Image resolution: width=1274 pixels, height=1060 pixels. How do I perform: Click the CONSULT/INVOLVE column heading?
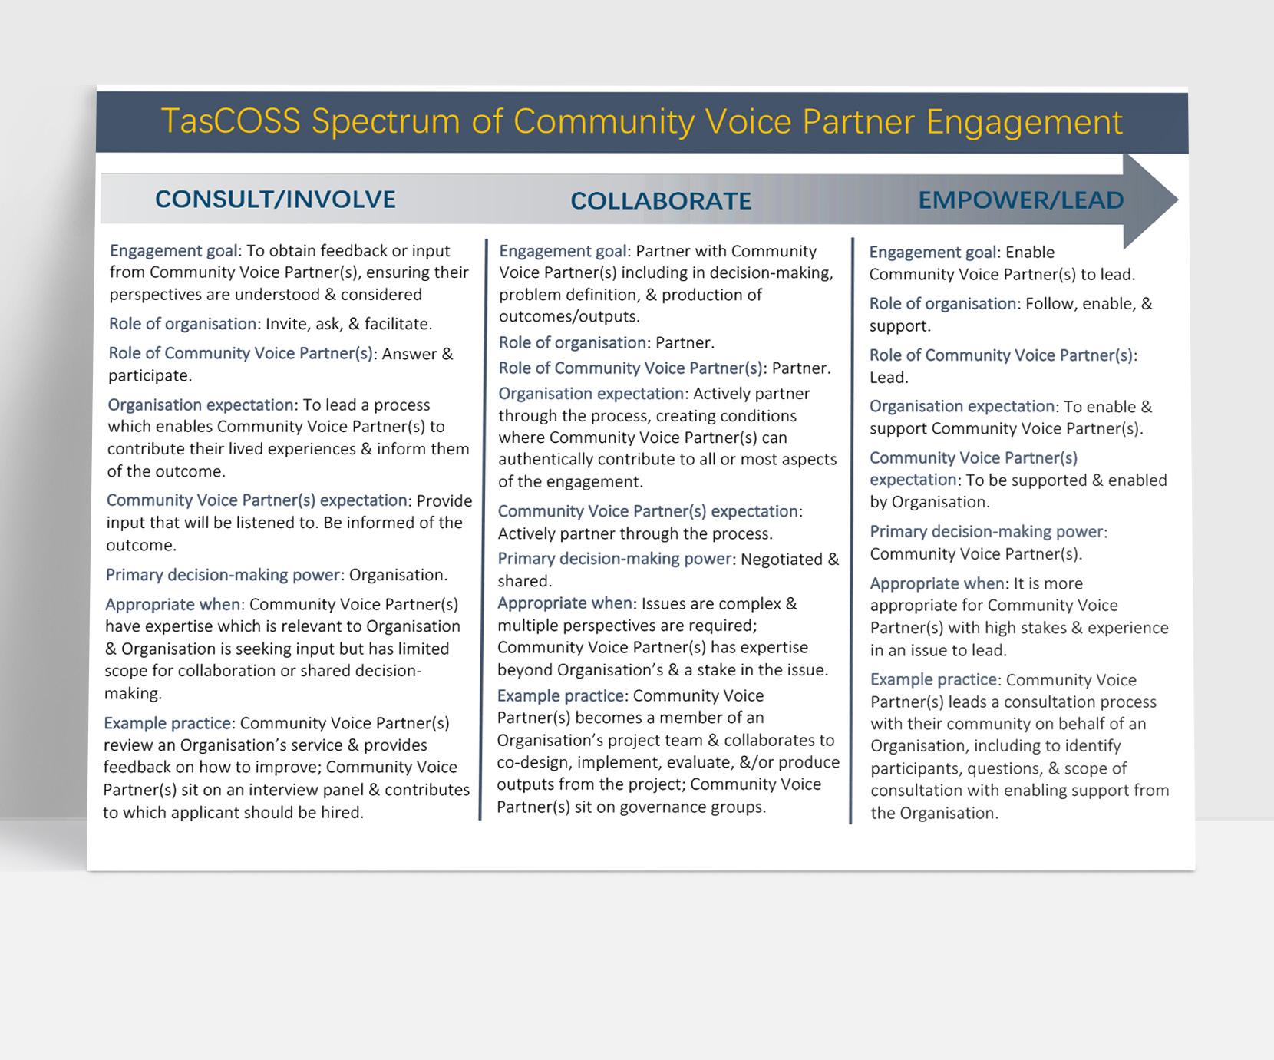pos(276,200)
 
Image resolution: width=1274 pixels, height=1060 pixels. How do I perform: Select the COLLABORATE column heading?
pos(661,201)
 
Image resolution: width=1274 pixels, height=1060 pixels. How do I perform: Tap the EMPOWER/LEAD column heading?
pos(1021,200)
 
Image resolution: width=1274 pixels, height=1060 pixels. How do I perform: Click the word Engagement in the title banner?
pos(1024,122)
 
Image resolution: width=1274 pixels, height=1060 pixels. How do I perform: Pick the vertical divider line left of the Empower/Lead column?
pos(852,530)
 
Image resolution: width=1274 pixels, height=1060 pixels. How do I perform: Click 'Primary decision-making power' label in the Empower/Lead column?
pos(986,532)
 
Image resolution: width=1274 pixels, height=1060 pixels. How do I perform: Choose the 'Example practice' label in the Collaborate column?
pos(560,696)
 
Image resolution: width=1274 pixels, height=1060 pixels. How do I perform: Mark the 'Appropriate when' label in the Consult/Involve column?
pos(173,605)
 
